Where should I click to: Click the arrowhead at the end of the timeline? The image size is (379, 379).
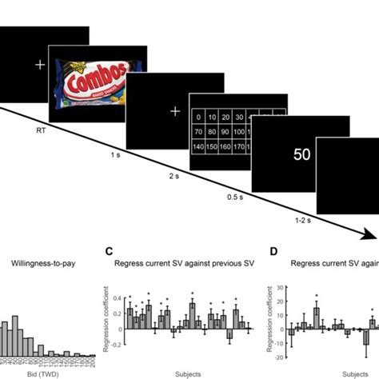(x=369, y=234)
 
